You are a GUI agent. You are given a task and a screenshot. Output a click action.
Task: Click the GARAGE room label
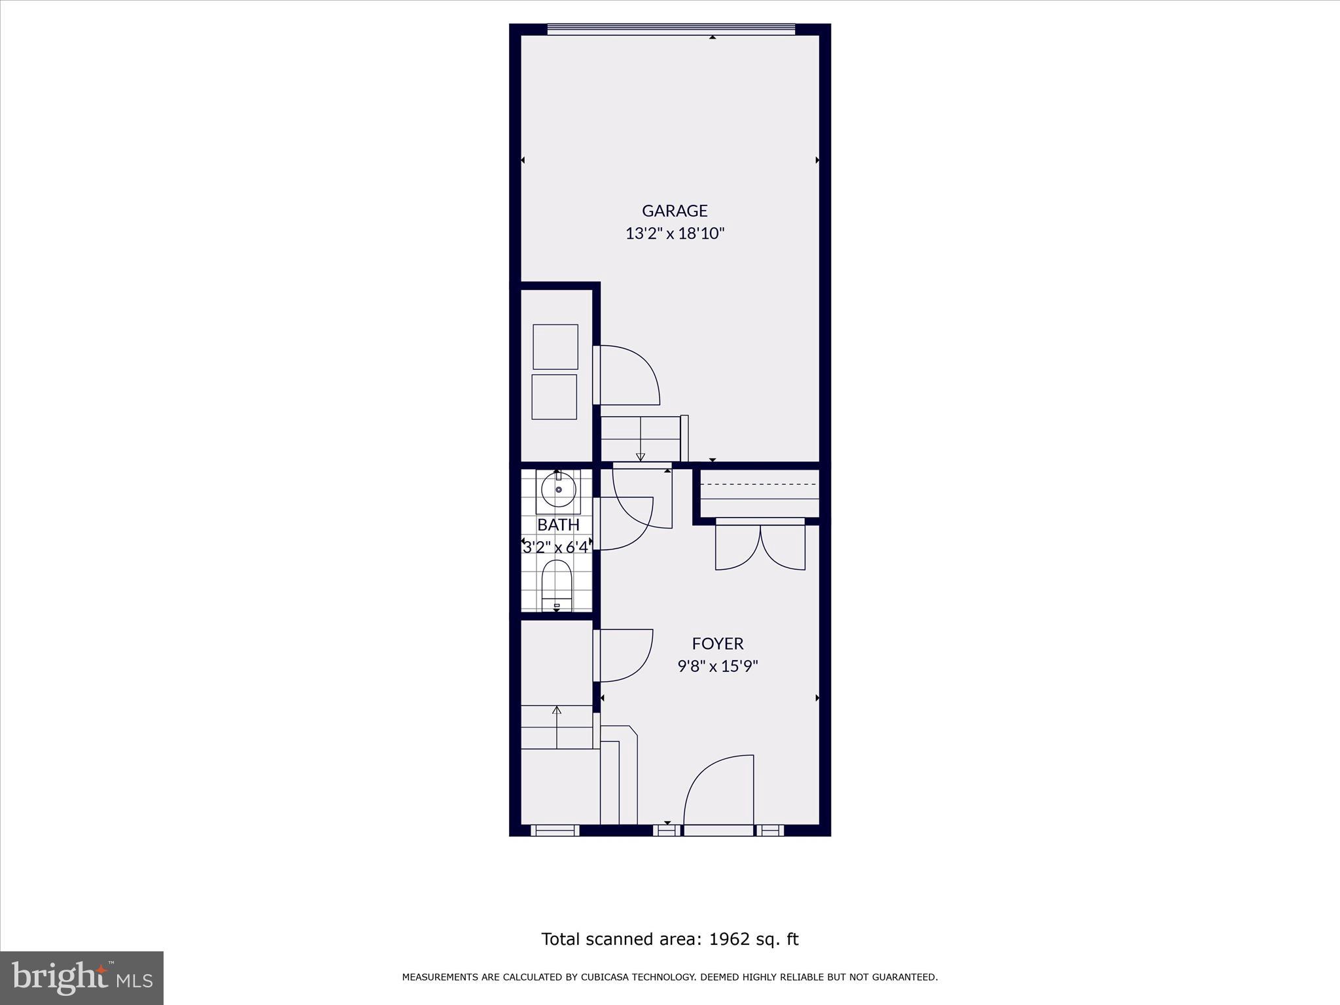tap(675, 211)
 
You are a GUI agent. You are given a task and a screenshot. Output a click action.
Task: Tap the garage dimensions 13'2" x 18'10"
tap(675, 234)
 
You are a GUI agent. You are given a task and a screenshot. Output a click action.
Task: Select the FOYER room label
tap(718, 644)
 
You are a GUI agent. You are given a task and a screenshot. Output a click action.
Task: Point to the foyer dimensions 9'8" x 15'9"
tap(718, 667)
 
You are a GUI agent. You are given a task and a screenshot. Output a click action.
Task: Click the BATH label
tap(558, 525)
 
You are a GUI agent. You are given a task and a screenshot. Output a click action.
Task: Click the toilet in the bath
tap(557, 582)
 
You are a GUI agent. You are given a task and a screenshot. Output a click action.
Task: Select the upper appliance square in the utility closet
tap(555, 347)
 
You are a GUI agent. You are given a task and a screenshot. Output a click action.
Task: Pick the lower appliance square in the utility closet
tap(554, 397)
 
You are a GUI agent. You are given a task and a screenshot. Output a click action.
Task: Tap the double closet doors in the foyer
tap(760, 546)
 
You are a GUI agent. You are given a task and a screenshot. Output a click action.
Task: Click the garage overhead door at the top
tap(671, 29)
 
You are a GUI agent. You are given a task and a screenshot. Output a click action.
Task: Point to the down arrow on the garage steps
tap(641, 456)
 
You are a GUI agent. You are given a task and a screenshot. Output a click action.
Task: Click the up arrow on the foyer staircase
tap(557, 711)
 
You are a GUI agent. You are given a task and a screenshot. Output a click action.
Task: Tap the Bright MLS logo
tap(82, 978)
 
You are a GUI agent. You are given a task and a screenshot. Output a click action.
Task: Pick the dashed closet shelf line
tap(760, 484)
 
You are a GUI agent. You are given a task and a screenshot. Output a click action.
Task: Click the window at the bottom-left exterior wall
tap(555, 830)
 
